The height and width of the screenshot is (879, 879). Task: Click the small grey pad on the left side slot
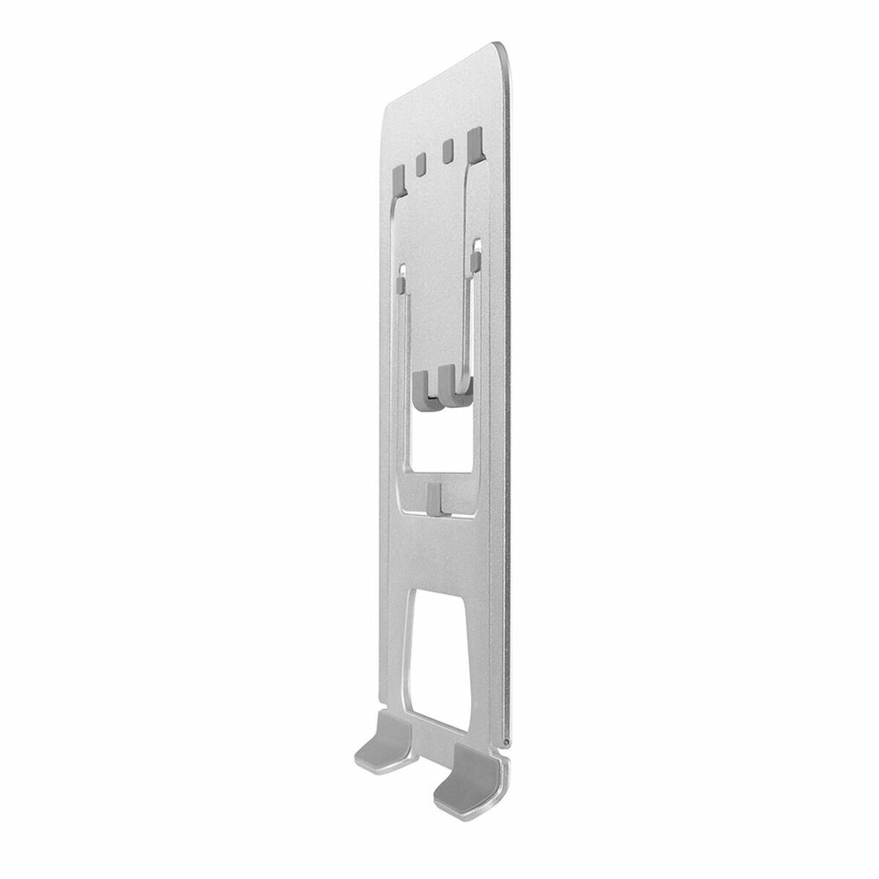401,281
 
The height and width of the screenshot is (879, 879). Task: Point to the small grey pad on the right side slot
477,258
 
